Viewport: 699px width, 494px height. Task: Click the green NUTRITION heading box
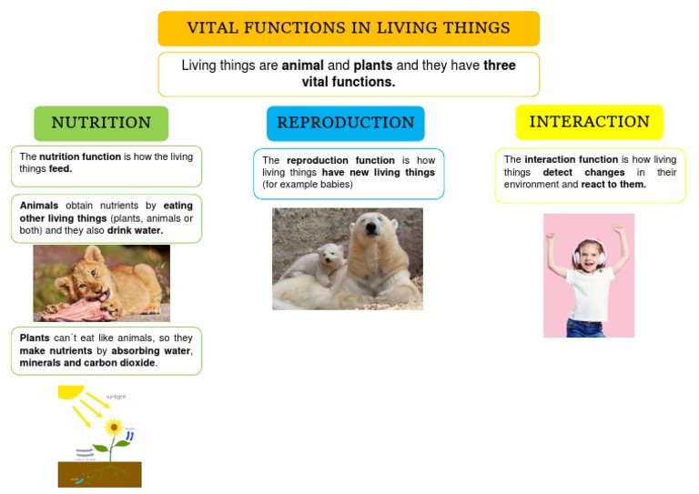101,123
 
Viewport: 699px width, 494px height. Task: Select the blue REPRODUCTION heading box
345,123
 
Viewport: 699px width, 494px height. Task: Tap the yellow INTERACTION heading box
589,122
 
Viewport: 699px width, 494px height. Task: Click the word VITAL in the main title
214,28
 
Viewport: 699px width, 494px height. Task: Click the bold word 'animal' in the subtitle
303,66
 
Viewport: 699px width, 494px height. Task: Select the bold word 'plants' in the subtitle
372,66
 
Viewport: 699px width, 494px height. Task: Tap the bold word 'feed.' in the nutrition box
61,168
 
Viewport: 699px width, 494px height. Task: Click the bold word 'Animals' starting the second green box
39,206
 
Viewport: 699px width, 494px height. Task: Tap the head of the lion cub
77,281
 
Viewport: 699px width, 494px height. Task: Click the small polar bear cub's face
329,255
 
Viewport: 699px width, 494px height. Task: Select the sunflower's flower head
114,426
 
